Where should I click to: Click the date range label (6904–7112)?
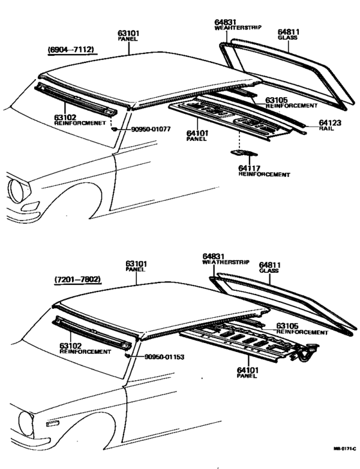[x=71, y=50]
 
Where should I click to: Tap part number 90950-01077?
[x=152, y=129]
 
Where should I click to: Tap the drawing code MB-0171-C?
[x=344, y=449]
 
